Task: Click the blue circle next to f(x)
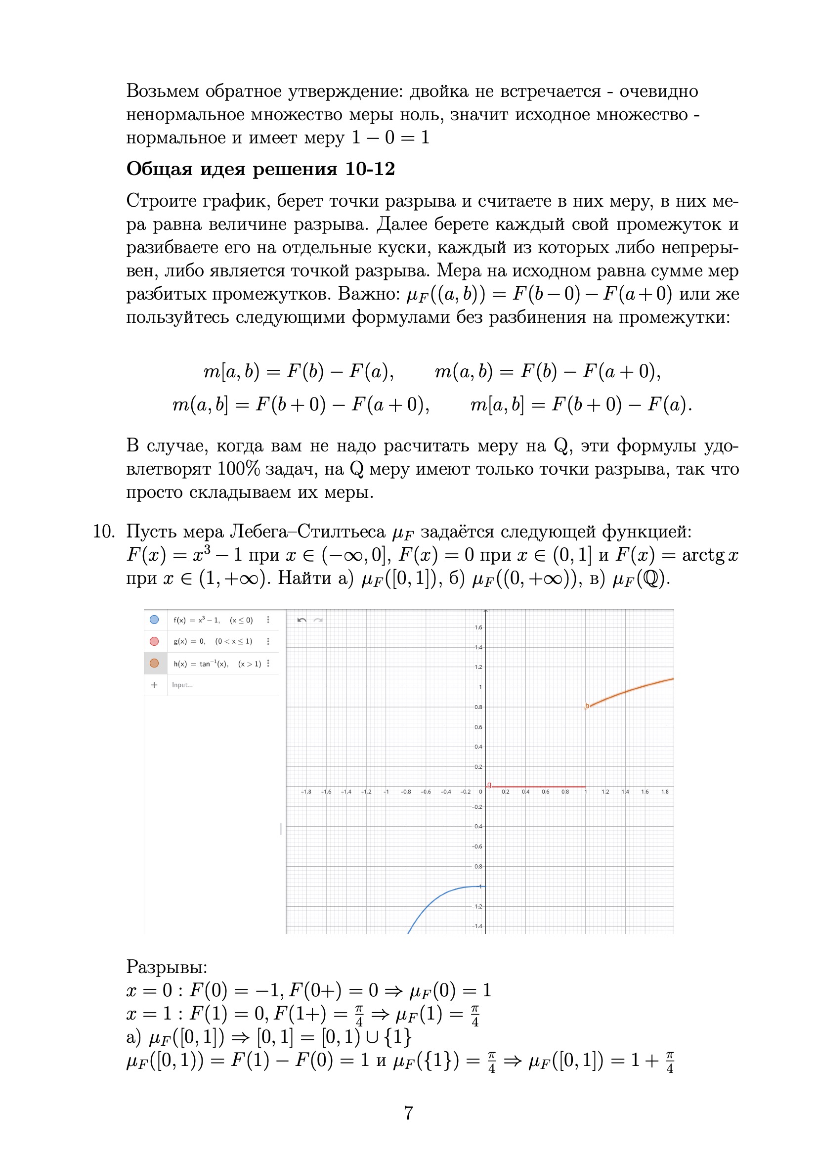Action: click(154, 620)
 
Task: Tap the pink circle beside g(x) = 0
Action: click(154, 641)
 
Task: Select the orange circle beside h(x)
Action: click(154, 663)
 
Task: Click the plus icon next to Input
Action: click(154, 685)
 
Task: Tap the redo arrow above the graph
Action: click(318, 620)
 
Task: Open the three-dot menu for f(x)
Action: click(268, 620)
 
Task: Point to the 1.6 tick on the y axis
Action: click(478, 627)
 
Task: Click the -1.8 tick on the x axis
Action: click(306, 792)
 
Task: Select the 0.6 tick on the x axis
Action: click(545, 792)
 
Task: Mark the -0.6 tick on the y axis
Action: click(477, 846)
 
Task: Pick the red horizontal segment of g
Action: click(539, 787)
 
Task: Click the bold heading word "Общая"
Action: click(159, 169)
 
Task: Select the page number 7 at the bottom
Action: click(408, 1112)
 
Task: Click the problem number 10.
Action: click(104, 532)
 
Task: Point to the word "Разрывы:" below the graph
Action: click(167, 967)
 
